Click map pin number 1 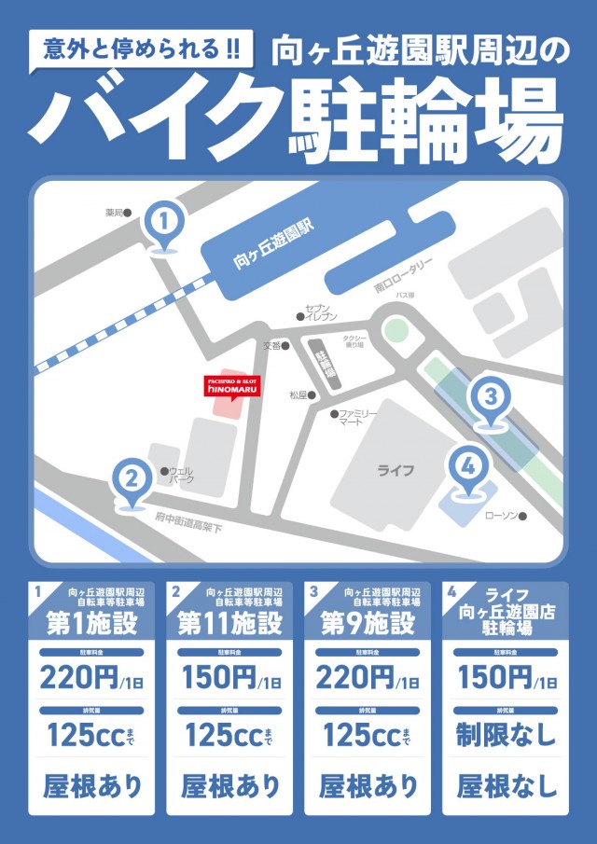[164, 223]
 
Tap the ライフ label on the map [395, 470]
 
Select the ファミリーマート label [358, 417]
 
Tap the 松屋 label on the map [298, 394]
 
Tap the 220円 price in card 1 [78, 677]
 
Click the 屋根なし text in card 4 [506, 785]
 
